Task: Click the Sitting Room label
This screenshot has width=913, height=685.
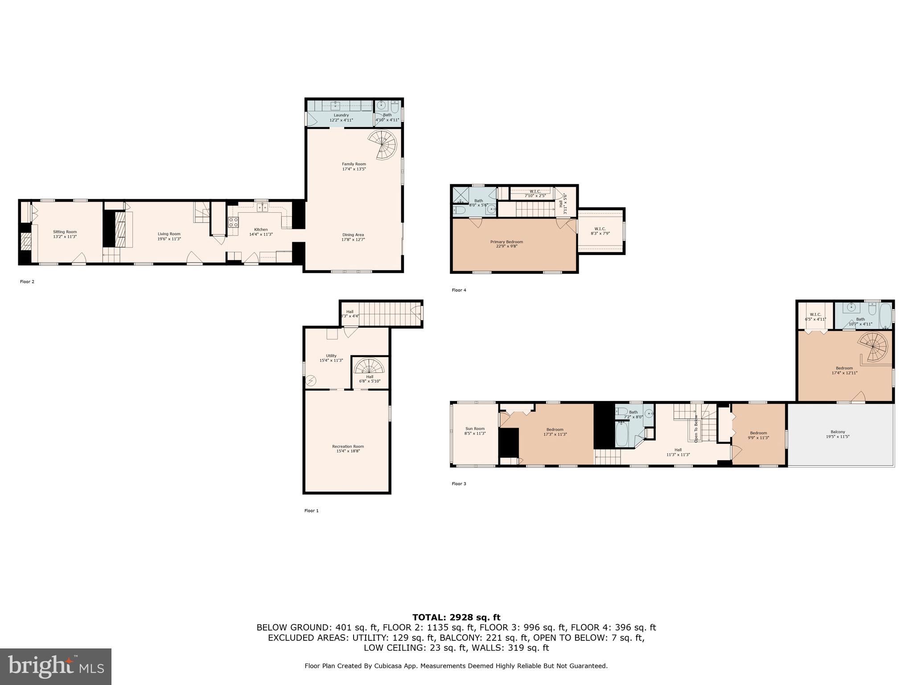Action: click(65, 232)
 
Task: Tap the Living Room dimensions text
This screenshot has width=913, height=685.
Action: click(169, 239)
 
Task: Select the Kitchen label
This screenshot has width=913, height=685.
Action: click(261, 230)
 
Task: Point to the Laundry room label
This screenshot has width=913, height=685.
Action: click(341, 115)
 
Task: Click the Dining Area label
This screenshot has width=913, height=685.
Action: click(353, 235)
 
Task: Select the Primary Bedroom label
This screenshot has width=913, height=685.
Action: click(506, 242)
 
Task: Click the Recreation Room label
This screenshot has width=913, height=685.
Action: click(348, 446)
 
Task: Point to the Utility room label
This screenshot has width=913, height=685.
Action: click(331, 356)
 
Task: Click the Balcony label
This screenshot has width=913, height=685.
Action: click(838, 432)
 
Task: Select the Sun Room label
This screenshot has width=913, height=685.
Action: click(475, 429)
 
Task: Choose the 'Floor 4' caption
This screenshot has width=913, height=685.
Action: click(459, 290)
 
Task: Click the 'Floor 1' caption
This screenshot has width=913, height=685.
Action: click(311, 511)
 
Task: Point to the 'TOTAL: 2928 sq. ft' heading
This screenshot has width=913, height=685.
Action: click(456, 618)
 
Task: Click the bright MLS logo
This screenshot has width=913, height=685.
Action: click(56, 666)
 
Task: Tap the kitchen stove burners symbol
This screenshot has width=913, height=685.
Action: click(233, 222)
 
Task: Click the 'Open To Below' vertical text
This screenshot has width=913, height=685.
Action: click(695, 429)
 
